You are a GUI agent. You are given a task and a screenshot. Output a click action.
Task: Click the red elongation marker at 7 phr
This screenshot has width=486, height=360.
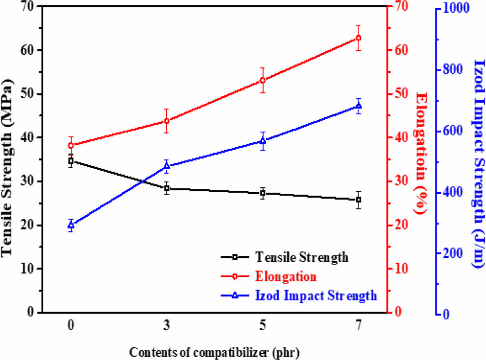[358, 38]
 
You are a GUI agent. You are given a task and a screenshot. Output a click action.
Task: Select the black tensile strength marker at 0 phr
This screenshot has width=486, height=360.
[71, 160]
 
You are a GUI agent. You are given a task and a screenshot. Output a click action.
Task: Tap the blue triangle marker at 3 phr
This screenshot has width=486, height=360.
[167, 166]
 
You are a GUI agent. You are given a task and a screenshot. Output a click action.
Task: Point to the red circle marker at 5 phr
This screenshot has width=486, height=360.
[263, 80]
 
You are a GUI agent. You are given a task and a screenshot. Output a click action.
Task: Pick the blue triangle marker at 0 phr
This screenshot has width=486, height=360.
[71, 225]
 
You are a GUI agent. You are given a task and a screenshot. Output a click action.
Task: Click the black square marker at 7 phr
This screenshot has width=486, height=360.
[358, 200]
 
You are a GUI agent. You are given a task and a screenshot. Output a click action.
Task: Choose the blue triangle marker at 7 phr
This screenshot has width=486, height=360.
[358, 106]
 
